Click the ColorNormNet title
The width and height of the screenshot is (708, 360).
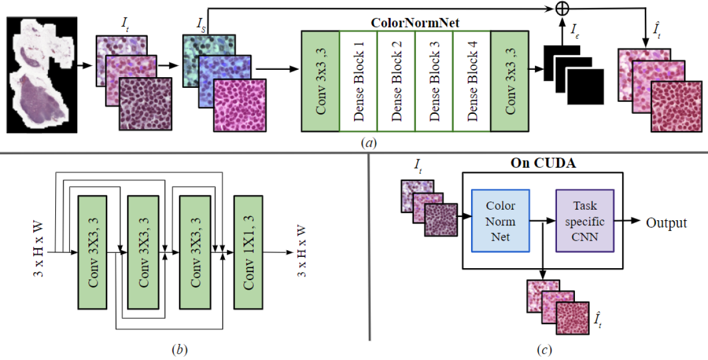coord(415,23)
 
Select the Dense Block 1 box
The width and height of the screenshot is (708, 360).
coord(359,81)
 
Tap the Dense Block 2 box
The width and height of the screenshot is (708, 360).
coord(396,81)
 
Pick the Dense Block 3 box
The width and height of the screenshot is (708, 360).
coord(434,81)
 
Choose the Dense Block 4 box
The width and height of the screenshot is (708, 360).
coord(472,81)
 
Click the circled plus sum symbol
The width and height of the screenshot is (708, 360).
coord(562,8)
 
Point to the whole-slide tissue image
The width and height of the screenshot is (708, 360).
coord(42,75)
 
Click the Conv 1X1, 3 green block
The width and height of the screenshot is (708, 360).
coord(249,252)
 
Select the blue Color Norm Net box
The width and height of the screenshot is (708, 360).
coord(501,221)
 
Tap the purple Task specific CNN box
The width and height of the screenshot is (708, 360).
coord(585,221)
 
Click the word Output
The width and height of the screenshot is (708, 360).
coord(666,223)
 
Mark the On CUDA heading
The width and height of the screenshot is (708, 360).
coord(543,163)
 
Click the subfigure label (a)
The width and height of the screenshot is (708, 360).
coord(369,143)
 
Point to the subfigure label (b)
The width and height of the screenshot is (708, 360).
coord(179,349)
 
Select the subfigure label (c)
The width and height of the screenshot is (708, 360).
coord(545,350)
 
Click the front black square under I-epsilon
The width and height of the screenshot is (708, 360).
coord(586,87)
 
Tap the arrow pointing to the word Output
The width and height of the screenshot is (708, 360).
coord(627,221)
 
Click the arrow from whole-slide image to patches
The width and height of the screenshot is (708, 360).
coord(85,66)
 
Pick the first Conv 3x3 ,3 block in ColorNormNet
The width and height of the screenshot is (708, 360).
coord(321,81)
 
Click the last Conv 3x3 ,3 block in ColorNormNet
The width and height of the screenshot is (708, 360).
coord(510,81)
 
